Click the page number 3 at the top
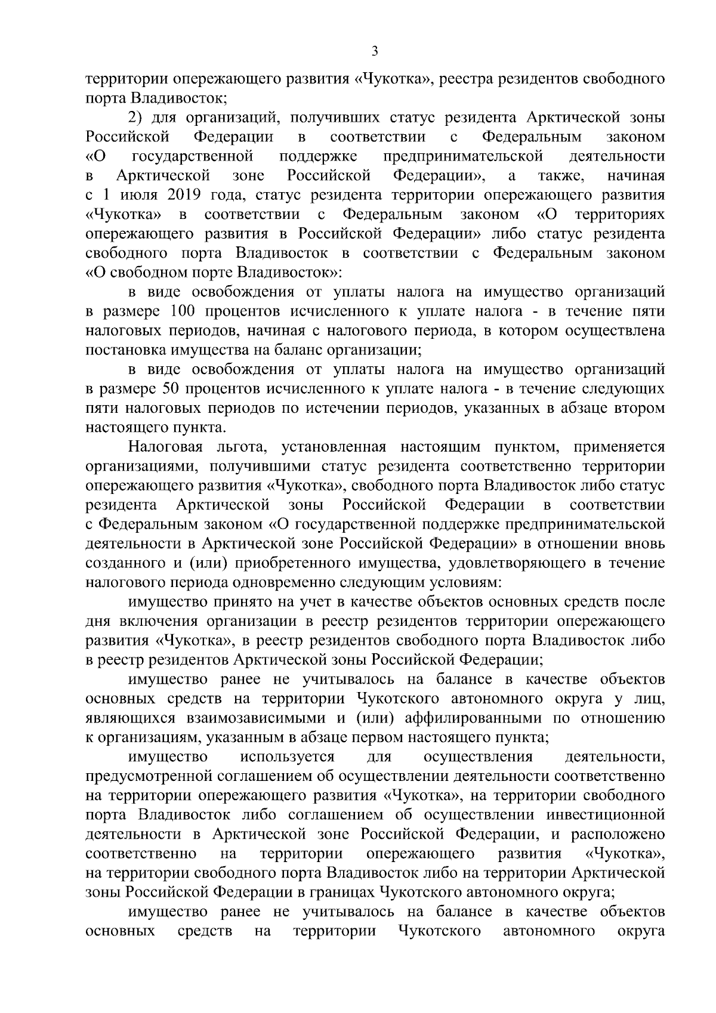tap(374, 51)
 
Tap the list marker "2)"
tap(137, 118)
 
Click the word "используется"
tap(286, 758)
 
